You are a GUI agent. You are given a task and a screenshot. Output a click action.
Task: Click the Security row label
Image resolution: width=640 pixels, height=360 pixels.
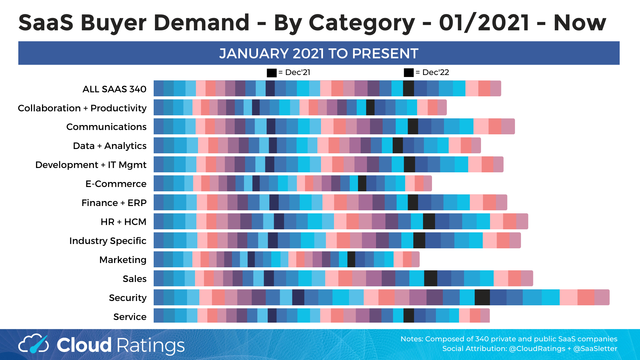(x=128, y=298)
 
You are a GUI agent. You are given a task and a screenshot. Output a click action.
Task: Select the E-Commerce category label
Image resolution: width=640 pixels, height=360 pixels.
(x=116, y=184)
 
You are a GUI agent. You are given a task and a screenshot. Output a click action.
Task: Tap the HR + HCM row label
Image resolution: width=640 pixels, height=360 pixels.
(x=123, y=222)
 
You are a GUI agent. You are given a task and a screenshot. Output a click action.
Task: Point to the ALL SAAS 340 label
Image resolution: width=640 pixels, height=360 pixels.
(x=114, y=89)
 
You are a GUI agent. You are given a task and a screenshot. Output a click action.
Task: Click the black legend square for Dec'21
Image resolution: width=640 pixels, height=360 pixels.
(x=272, y=73)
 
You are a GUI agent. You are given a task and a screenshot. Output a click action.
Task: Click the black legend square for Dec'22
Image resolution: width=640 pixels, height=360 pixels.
(x=409, y=73)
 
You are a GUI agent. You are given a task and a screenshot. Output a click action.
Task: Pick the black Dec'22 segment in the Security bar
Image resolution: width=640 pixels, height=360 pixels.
(x=482, y=297)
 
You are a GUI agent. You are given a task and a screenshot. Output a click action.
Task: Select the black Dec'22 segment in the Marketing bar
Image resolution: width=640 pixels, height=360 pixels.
(x=351, y=259)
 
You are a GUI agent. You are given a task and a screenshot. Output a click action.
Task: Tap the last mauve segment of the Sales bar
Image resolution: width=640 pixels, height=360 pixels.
(x=527, y=278)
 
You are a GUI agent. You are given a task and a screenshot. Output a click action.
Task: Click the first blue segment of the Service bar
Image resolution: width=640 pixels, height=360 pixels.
(x=159, y=316)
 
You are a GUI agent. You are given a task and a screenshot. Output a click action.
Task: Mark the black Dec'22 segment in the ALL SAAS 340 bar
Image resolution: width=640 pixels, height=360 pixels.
(x=408, y=88)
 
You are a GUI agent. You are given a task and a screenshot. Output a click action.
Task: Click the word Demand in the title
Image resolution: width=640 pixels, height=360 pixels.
(x=201, y=23)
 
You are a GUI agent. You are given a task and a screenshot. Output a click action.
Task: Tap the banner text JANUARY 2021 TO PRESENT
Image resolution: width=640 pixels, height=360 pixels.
(x=319, y=53)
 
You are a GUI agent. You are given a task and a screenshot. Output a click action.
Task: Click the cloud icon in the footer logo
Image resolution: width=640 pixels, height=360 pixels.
(x=33, y=344)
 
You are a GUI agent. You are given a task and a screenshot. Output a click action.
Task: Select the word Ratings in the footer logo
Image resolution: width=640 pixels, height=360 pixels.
(x=151, y=345)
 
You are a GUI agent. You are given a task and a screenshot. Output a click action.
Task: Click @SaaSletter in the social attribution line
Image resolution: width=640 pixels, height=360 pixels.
(x=595, y=349)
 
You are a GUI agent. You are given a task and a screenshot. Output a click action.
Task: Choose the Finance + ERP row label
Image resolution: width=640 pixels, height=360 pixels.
(x=114, y=203)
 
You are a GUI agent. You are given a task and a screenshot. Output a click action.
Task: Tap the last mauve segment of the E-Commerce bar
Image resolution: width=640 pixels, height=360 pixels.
(x=428, y=183)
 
